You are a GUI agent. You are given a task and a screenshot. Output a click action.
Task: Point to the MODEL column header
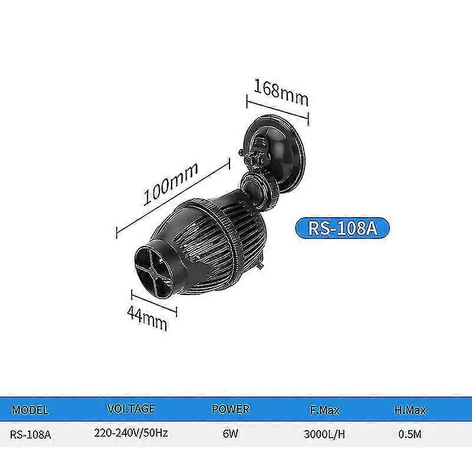pyautogui.click(x=30, y=409)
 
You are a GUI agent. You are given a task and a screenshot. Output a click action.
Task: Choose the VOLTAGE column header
pyautogui.click(x=131, y=408)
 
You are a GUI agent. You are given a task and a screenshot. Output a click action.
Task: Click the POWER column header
pyautogui.click(x=230, y=409)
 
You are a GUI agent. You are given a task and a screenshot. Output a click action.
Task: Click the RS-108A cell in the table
pyautogui.click(x=31, y=436)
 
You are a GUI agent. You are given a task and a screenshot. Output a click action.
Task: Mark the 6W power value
pyautogui.click(x=230, y=435)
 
